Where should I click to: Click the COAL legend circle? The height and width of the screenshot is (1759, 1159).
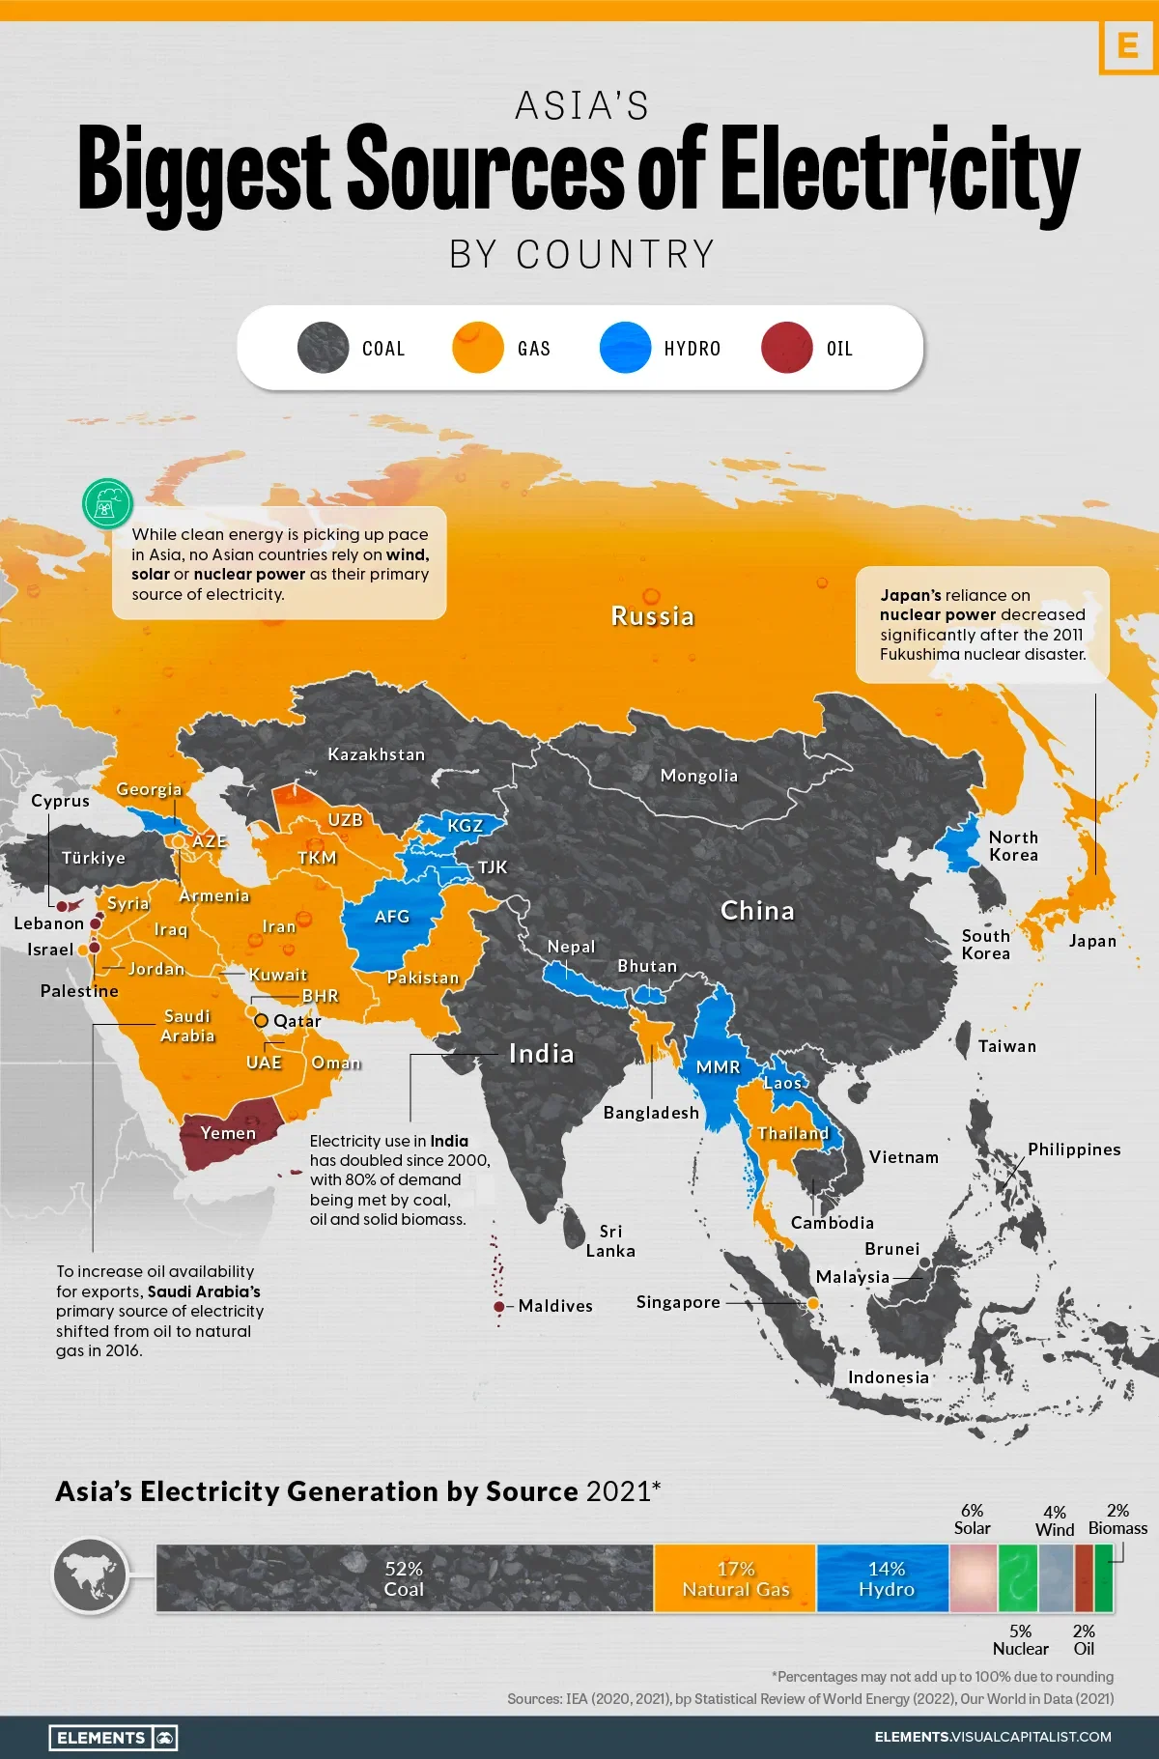(323, 348)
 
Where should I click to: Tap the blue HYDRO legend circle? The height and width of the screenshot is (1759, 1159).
(625, 348)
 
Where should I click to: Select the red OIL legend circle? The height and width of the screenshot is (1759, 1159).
(786, 348)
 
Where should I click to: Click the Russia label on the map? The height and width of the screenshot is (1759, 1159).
(652, 616)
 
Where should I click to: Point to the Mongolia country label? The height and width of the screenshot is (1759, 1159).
(698, 776)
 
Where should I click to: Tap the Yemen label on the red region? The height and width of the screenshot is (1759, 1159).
(228, 1133)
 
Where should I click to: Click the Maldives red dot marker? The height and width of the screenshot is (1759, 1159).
(498, 1306)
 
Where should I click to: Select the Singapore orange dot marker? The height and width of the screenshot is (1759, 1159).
(813, 1303)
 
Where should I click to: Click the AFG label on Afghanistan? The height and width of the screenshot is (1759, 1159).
(392, 917)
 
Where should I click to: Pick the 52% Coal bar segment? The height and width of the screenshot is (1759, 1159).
(404, 1578)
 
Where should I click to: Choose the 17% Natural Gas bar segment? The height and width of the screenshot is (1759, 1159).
(735, 1578)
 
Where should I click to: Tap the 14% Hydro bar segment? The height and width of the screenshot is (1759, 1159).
(885, 1578)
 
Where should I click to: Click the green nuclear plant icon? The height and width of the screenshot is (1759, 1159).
(107, 503)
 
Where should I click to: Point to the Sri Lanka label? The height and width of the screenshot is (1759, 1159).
(610, 1240)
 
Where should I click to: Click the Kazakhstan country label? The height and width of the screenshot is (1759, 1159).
(376, 754)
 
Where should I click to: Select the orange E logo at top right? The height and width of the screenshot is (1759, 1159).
(1127, 45)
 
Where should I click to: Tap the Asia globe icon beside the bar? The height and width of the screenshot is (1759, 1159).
(91, 1575)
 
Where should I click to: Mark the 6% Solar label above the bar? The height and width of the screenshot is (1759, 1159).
(972, 1518)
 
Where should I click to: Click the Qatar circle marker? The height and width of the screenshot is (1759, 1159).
(261, 1021)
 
